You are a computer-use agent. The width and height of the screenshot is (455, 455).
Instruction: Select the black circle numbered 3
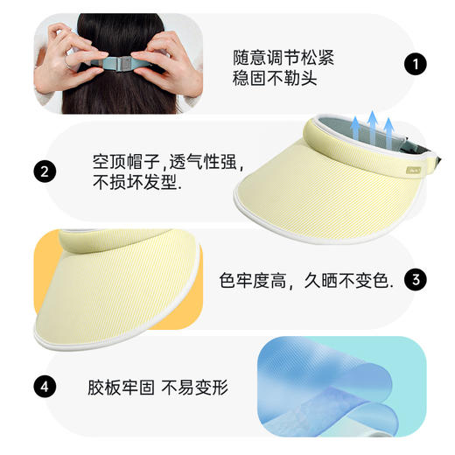(417, 280)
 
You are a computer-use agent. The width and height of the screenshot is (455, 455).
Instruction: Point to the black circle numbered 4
(43, 385)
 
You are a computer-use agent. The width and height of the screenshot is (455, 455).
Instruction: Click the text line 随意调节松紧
(283, 59)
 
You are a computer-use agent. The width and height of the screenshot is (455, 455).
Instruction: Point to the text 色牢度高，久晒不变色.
(306, 281)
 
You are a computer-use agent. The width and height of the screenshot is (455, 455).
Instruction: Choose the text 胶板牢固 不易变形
(158, 386)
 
